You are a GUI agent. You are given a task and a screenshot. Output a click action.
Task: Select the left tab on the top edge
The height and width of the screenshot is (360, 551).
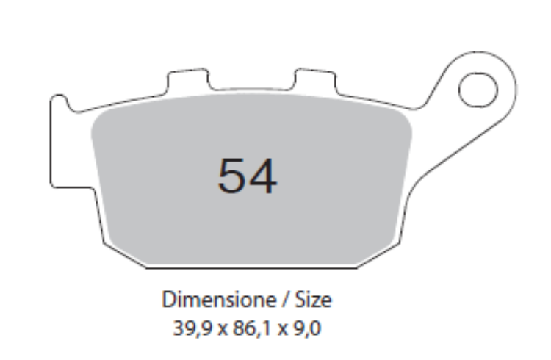pos(184,80)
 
